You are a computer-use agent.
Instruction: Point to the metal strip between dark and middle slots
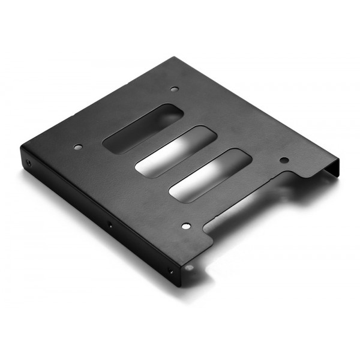point(157,137)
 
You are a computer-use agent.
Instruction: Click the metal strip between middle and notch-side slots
point(192,160)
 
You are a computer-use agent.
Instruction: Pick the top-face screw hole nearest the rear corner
point(175,89)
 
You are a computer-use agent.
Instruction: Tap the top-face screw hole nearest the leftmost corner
point(77,146)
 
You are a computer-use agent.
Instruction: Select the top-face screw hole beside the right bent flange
point(284,160)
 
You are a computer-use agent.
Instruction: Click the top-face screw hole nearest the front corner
point(185,226)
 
